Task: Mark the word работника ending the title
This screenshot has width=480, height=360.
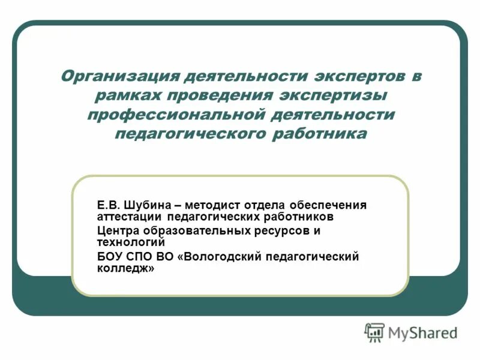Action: point(317,133)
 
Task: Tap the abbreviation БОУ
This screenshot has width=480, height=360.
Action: point(110,257)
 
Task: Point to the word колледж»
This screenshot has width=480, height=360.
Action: point(125,268)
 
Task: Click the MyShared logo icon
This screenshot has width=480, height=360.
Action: point(374,332)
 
